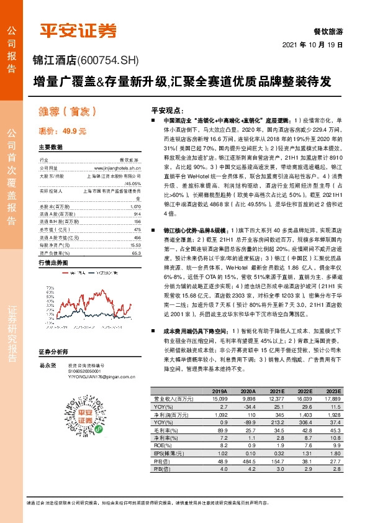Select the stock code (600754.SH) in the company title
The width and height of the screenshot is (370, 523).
[109, 60]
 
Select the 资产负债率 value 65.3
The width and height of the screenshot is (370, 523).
[137, 253]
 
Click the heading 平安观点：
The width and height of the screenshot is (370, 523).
[168, 107]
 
